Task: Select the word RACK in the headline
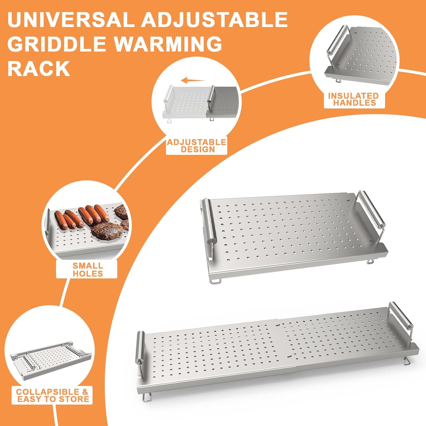(x=39, y=68)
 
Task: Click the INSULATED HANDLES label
(x=354, y=99)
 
